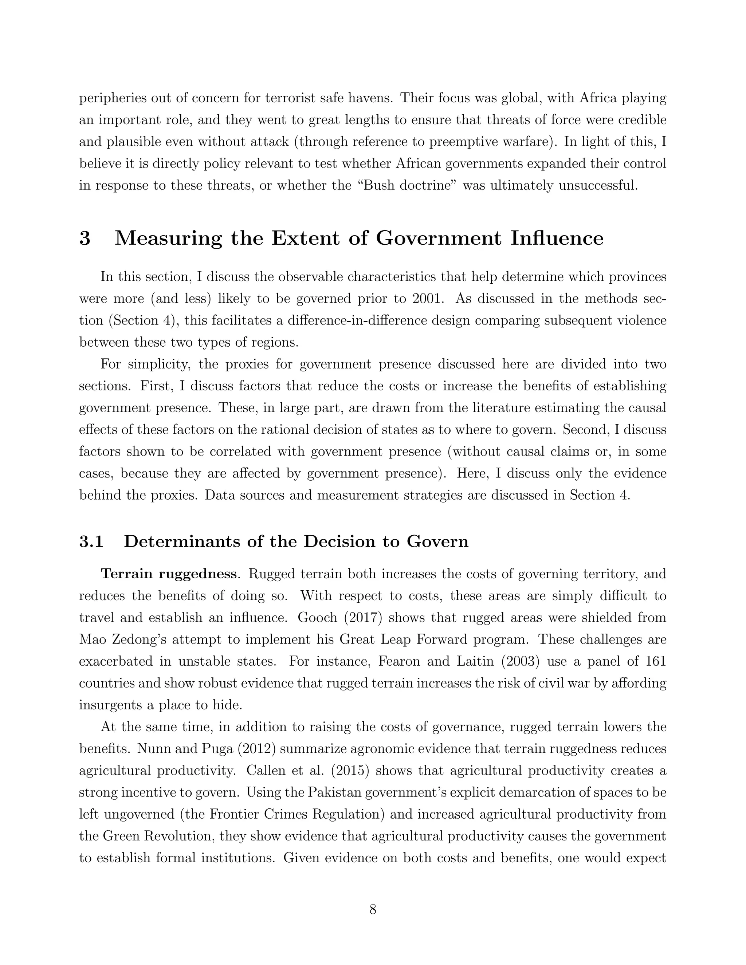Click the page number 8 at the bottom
[373, 909]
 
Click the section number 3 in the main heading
[85, 239]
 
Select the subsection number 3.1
[91, 541]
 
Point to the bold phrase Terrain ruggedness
[168, 574]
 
